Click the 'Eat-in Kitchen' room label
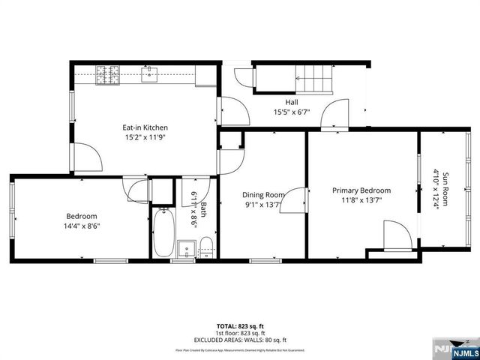[x=145, y=127]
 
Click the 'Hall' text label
[x=292, y=102]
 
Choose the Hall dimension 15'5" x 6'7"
[x=292, y=113]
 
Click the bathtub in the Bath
[x=163, y=233]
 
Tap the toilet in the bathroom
[x=207, y=247]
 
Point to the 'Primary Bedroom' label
[x=361, y=190]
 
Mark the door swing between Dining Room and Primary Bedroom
[x=297, y=199]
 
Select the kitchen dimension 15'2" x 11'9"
[x=145, y=138]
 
